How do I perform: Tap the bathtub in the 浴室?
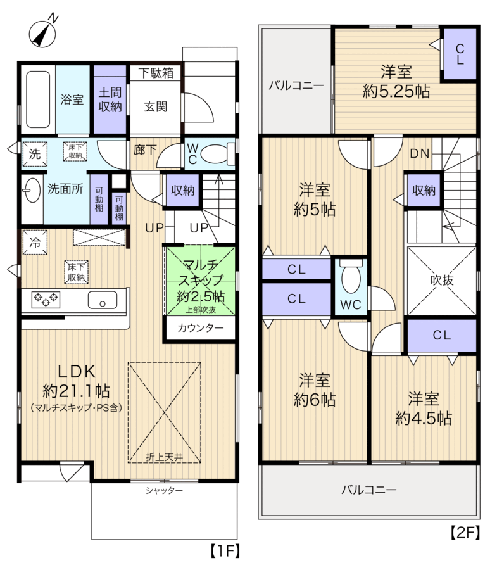pos(38,99)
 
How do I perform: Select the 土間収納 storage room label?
pos(110,99)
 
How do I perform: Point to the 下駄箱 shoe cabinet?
pos(156,73)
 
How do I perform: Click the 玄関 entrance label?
pos(156,106)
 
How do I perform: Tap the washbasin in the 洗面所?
pos(32,190)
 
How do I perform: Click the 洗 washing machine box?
pos(35,154)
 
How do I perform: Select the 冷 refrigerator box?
pos(35,242)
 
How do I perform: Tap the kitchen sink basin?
pos(103,300)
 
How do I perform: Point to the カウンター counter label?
pos(201,328)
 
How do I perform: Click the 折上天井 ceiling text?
pos(164,457)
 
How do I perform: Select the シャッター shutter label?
pos(164,490)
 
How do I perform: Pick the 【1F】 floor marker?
pos(225,550)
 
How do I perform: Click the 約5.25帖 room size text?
pos(396,91)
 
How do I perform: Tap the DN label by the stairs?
pos(420,154)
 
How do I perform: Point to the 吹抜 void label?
pos(442,280)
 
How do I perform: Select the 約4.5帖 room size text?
pos(424,419)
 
